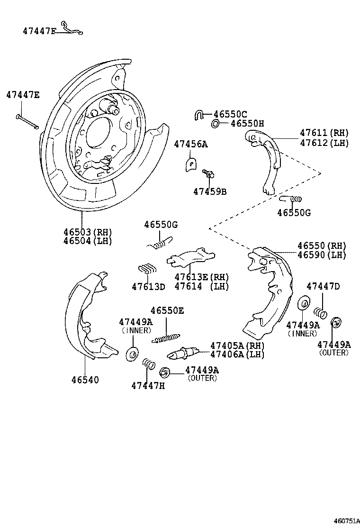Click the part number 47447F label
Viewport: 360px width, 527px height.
40,31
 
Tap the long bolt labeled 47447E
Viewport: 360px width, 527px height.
27,121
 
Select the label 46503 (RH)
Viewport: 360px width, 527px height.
88,232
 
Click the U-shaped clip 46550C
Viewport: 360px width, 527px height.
199,114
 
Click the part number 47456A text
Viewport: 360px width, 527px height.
190,144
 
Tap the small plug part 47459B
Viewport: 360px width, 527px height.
208,174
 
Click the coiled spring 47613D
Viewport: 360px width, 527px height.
147,269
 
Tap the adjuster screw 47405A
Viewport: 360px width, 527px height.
182,354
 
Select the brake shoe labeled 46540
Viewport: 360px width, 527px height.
90,318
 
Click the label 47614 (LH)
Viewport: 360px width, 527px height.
201,286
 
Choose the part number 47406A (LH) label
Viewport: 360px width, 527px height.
237,354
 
